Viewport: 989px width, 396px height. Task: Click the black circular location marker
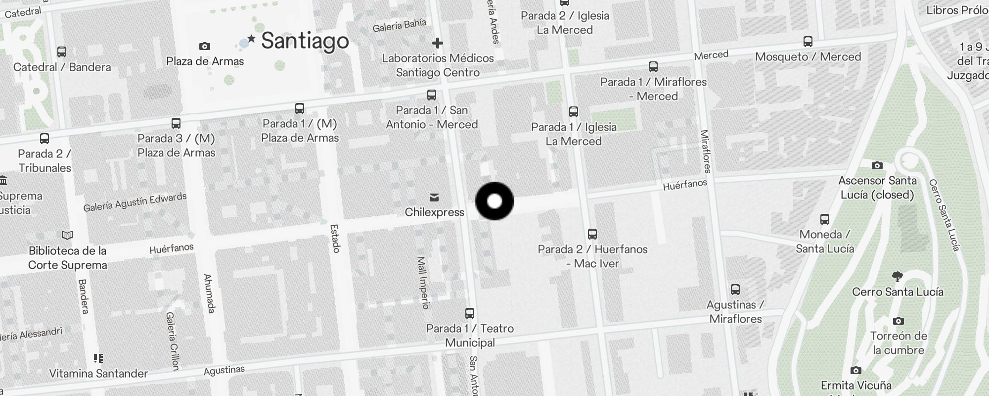494,201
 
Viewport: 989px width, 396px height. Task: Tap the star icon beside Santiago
252,39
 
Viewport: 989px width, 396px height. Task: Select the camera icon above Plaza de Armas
204,47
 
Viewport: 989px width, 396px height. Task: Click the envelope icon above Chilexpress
434,198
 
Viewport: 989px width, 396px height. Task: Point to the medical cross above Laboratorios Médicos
437,43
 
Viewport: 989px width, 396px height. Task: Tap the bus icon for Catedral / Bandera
62,52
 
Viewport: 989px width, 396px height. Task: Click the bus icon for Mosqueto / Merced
808,42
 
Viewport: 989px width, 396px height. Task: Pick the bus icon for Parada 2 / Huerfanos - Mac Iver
592,234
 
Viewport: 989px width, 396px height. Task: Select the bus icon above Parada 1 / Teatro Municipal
470,313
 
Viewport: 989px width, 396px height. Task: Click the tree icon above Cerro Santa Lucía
898,277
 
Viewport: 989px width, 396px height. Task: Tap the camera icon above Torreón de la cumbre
898,321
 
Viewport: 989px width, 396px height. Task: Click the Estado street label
335,239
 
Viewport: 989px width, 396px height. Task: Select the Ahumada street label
210,294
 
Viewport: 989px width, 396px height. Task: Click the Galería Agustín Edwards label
135,202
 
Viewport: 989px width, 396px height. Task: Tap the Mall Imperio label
423,283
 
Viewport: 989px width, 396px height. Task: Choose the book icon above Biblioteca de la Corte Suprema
67,236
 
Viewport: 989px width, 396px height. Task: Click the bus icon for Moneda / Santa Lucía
824,219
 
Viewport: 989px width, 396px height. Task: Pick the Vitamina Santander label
98,374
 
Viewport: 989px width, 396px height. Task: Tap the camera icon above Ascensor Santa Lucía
877,166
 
